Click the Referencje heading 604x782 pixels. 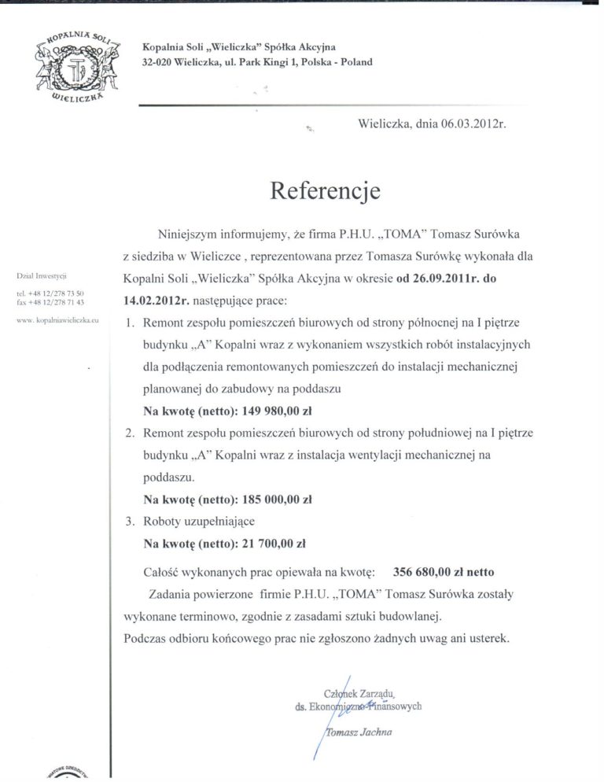point(325,191)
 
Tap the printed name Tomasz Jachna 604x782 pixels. point(359,731)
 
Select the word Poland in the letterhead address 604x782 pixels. point(355,61)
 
